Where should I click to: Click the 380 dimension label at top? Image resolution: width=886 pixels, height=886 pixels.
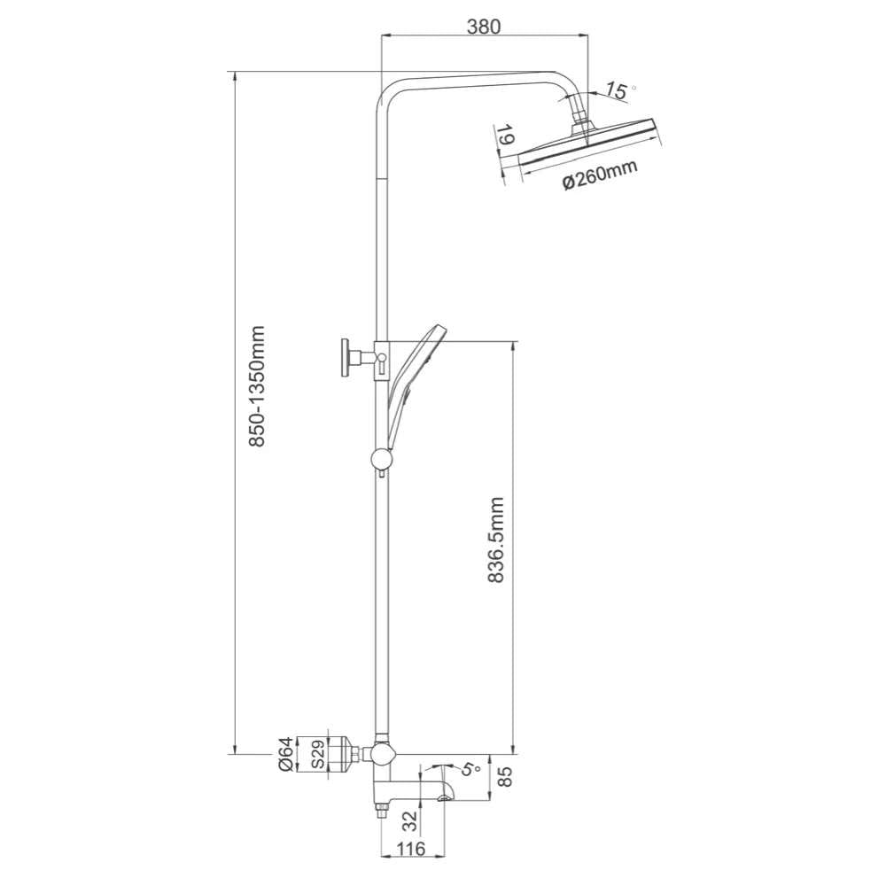485,27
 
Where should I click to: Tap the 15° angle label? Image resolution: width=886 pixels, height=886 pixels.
620,90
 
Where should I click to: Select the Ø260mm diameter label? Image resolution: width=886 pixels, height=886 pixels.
600,175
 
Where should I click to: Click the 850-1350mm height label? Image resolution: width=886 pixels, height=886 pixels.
257,386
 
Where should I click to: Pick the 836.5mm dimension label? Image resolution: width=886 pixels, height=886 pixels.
495,540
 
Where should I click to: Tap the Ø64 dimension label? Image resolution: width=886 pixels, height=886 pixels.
284,754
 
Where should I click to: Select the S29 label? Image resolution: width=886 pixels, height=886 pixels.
318,754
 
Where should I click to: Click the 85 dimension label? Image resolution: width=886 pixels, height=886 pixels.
506,777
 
